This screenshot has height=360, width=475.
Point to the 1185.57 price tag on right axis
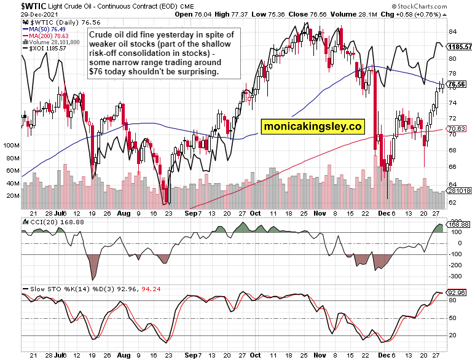tap(460, 46)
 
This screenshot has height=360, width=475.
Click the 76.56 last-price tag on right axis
tap(456, 84)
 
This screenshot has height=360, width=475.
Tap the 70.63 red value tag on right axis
tap(456, 128)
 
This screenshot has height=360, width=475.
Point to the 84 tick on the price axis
tap(452, 31)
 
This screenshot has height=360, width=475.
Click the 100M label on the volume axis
tap(12, 146)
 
